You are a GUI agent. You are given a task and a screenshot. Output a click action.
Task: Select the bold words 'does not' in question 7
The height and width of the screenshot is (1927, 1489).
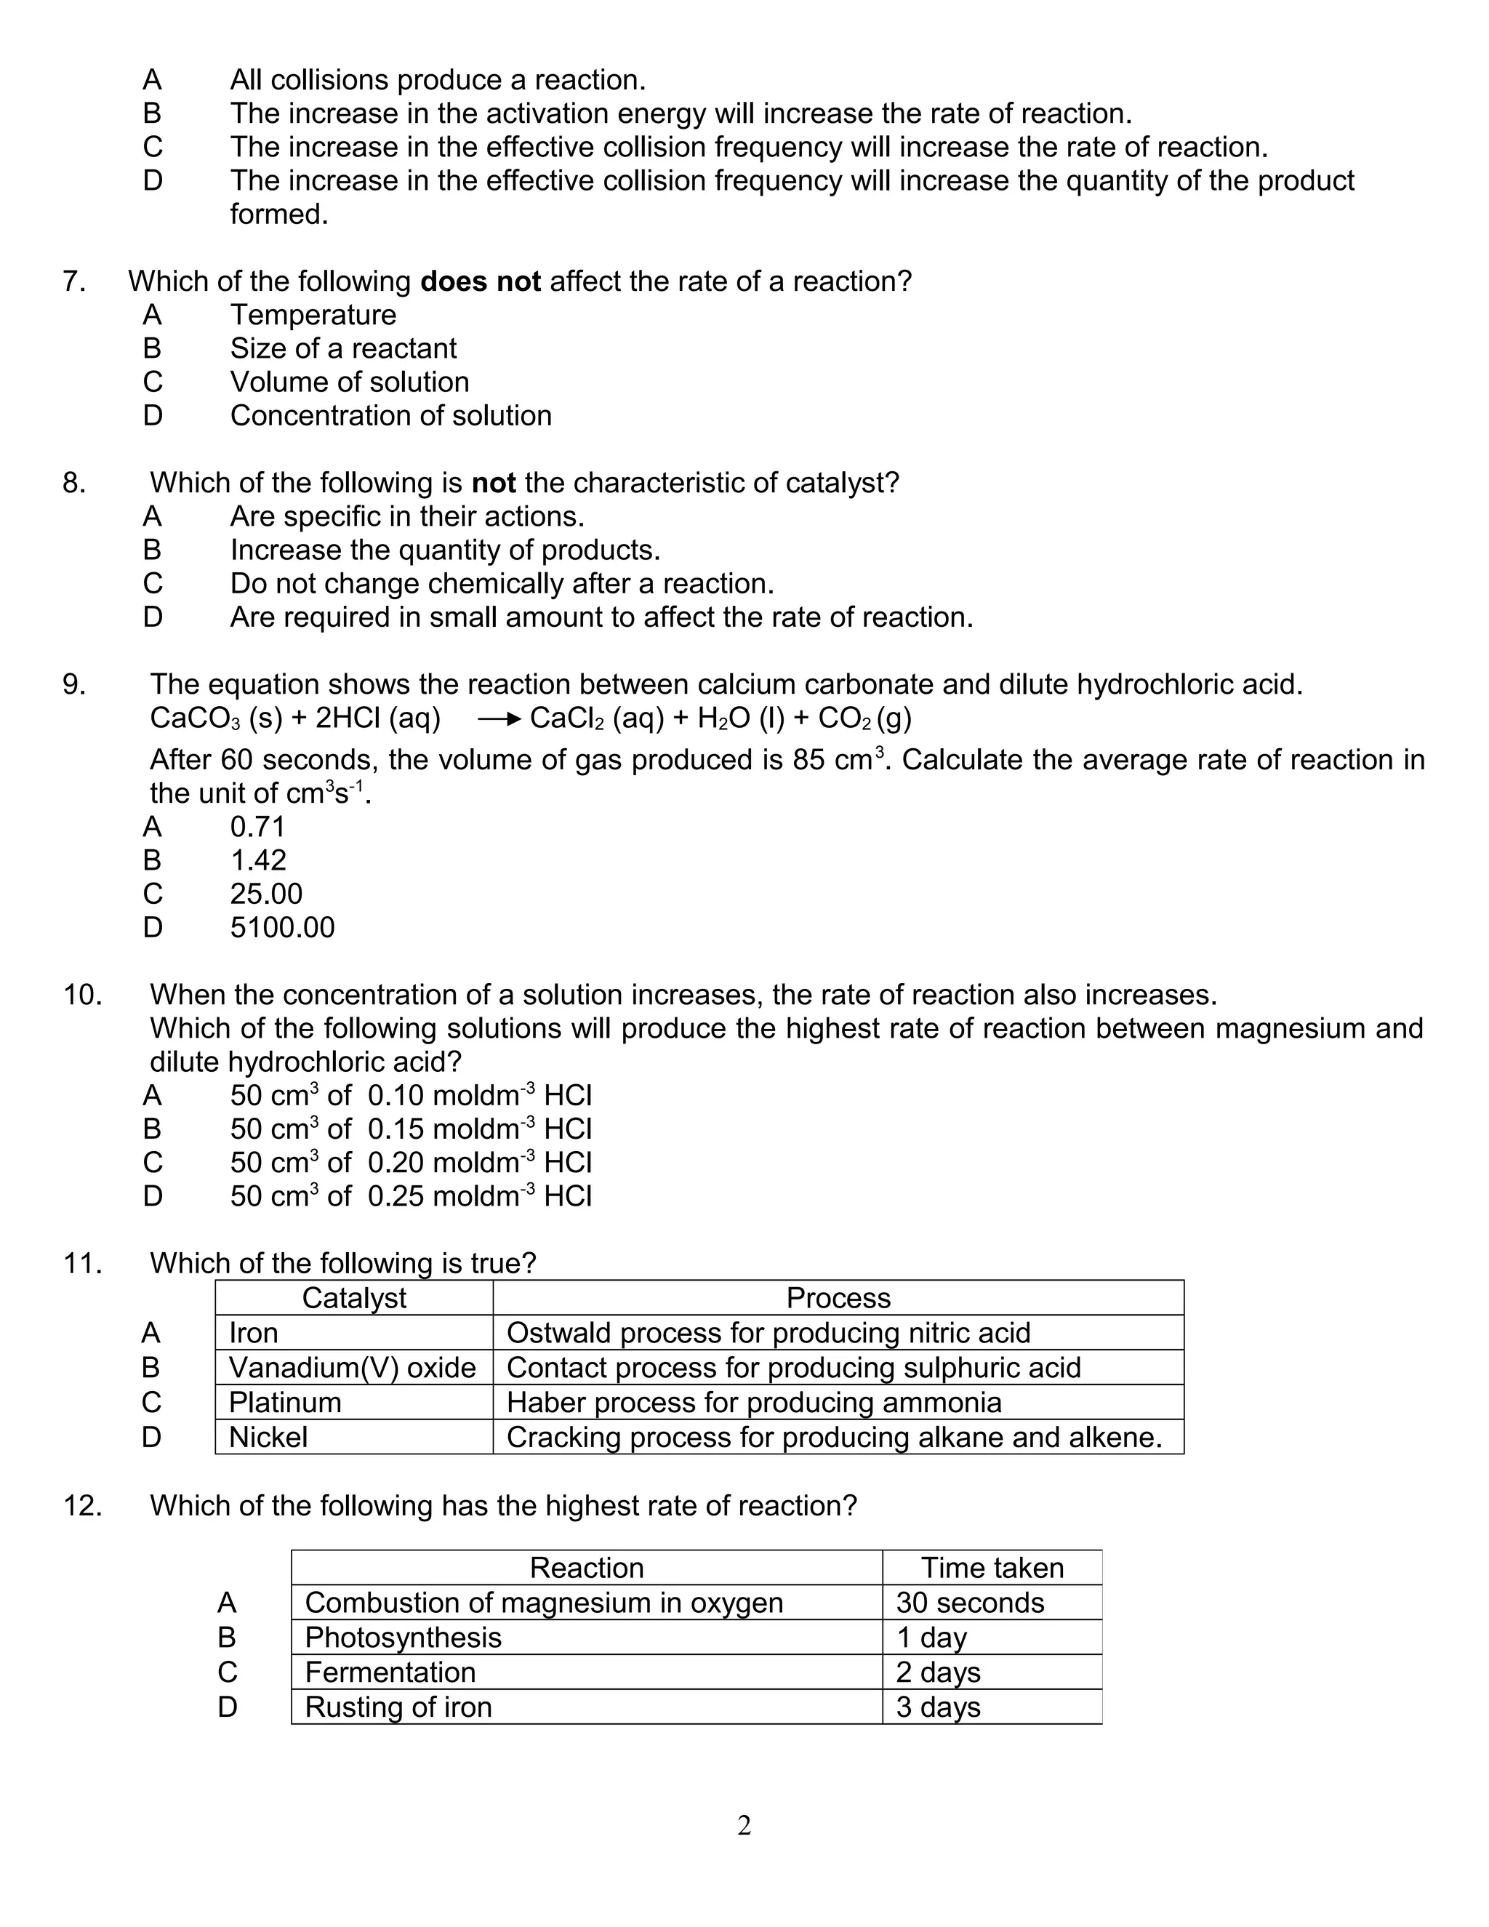[480, 281]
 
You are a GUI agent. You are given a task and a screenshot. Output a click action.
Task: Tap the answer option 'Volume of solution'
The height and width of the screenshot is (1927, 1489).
[349, 382]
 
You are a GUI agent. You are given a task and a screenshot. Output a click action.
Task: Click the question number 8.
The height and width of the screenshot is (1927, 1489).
[74, 483]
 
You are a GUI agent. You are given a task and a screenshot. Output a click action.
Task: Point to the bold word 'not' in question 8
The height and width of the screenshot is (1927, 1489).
[493, 483]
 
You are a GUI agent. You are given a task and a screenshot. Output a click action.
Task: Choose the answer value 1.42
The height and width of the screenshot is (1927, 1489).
[257, 860]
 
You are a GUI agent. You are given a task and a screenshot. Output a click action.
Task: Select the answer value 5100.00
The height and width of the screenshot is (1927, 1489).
[282, 927]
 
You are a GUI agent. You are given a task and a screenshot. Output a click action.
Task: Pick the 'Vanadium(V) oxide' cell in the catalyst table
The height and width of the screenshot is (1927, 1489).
[352, 1368]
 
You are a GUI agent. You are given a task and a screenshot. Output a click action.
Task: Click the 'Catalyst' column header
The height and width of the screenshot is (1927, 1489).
[354, 1298]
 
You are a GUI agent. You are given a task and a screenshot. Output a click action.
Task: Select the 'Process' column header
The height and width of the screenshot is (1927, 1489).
[838, 1298]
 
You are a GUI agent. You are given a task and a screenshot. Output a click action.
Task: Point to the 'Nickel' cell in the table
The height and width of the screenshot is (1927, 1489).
[268, 1438]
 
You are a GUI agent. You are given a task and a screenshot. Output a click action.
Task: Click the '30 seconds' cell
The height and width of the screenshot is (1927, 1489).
[969, 1602]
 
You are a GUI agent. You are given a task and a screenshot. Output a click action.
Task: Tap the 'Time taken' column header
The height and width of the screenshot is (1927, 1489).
[992, 1568]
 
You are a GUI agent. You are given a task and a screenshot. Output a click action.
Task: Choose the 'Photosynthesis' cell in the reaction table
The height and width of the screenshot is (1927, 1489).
[403, 1638]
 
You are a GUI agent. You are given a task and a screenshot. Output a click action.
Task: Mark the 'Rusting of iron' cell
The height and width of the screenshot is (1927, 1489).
[398, 1707]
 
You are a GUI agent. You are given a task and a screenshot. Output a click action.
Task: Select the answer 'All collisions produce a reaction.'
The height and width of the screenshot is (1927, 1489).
[438, 80]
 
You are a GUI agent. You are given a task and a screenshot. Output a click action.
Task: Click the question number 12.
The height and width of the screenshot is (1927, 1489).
[82, 1505]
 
